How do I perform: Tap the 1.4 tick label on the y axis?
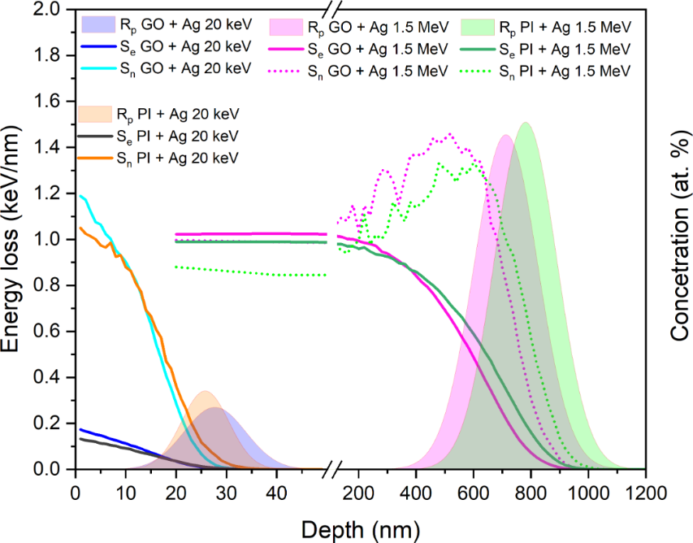51,147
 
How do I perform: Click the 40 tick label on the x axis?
276,493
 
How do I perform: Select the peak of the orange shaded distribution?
205,392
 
